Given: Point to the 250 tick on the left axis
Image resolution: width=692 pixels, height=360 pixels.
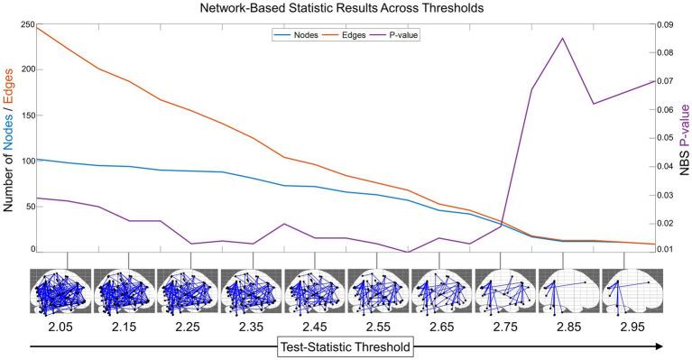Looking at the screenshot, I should point(18,24).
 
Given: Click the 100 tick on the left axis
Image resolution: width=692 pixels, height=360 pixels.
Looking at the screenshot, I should point(18,161).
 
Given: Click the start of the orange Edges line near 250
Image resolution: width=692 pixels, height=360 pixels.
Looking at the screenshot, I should point(34,27).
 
